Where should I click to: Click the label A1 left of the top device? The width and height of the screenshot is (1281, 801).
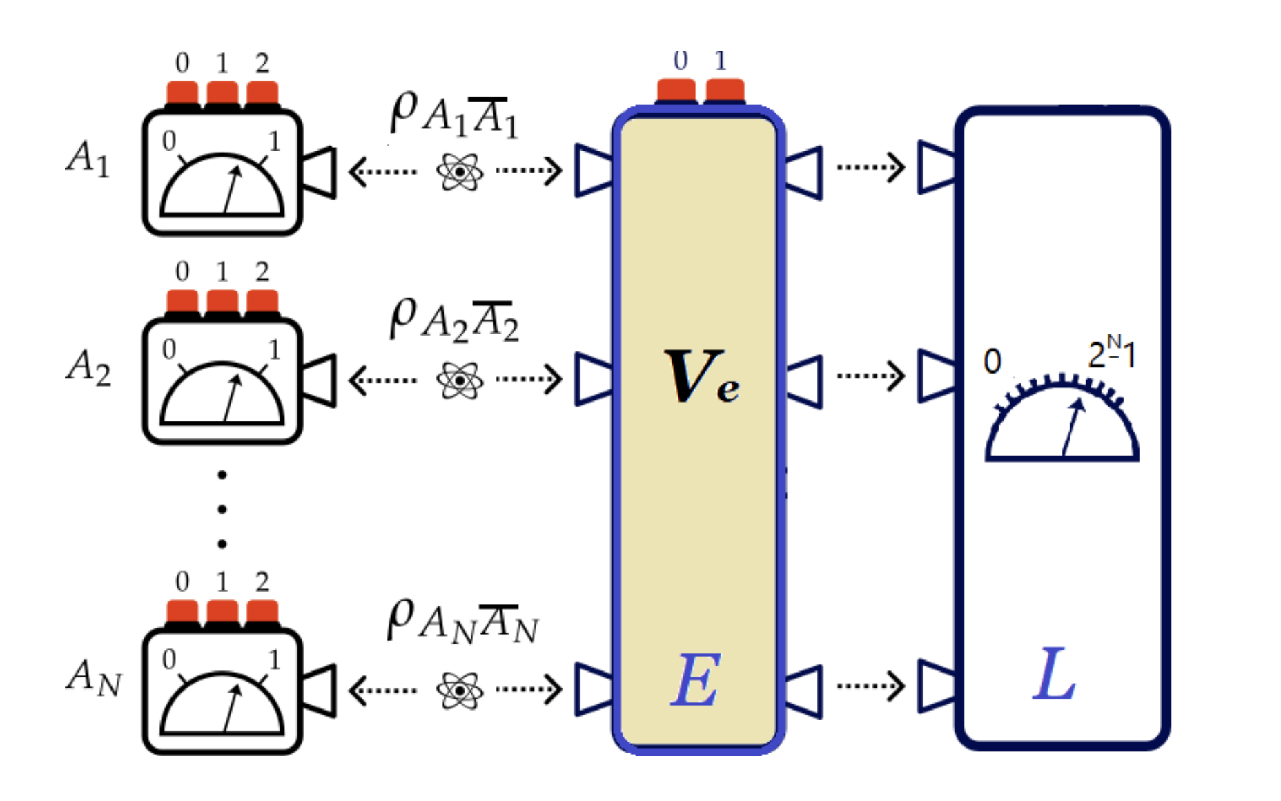(x=88, y=158)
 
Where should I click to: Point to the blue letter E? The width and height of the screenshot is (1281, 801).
(x=696, y=681)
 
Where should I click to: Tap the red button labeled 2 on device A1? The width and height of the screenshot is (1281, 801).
(x=262, y=94)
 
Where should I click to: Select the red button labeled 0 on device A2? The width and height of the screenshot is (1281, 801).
(x=182, y=302)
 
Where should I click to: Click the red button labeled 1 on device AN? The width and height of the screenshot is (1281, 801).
(x=222, y=612)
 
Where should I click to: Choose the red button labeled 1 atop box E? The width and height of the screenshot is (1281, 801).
(x=725, y=91)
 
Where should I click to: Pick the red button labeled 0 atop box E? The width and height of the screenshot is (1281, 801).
(x=676, y=91)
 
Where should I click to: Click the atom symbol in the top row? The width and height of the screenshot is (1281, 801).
(x=460, y=171)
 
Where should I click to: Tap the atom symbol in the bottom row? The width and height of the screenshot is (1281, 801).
(x=460, y=689)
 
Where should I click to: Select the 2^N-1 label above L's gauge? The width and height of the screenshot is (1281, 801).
(x=1111, y=353)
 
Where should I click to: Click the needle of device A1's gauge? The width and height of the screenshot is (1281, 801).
(x=232, y=190)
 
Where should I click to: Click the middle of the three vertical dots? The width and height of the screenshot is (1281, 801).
(x=222, y=510)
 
